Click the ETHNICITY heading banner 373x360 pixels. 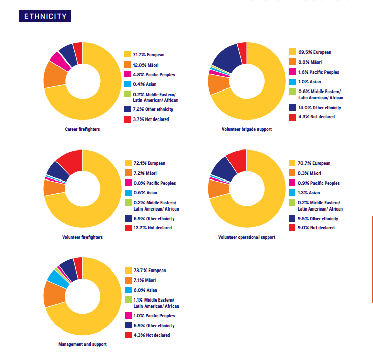pyautogui.click(x=45, y=16)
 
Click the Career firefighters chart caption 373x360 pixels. pyautogui.click(x=82, y=129)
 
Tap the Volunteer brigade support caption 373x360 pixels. pyautogui.click(x=246, y=129)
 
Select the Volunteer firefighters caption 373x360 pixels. pyautogui.click(x=82, y=237)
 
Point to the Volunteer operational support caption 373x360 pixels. pyautogui.click(x=246, y=237)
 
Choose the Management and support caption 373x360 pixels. pyautogui.click(x=82, y=344)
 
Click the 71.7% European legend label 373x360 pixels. pyautogui.click(x=149, y=54)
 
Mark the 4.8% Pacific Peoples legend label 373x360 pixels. pyautogui.click(x=154, y=75)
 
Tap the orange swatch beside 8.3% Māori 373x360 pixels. pyautogui.click(x=292, y=173)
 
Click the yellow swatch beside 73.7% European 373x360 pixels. pyautogui.click(x=128, y=271)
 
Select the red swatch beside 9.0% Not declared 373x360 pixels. pyautogui.click(x=292, y=228)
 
